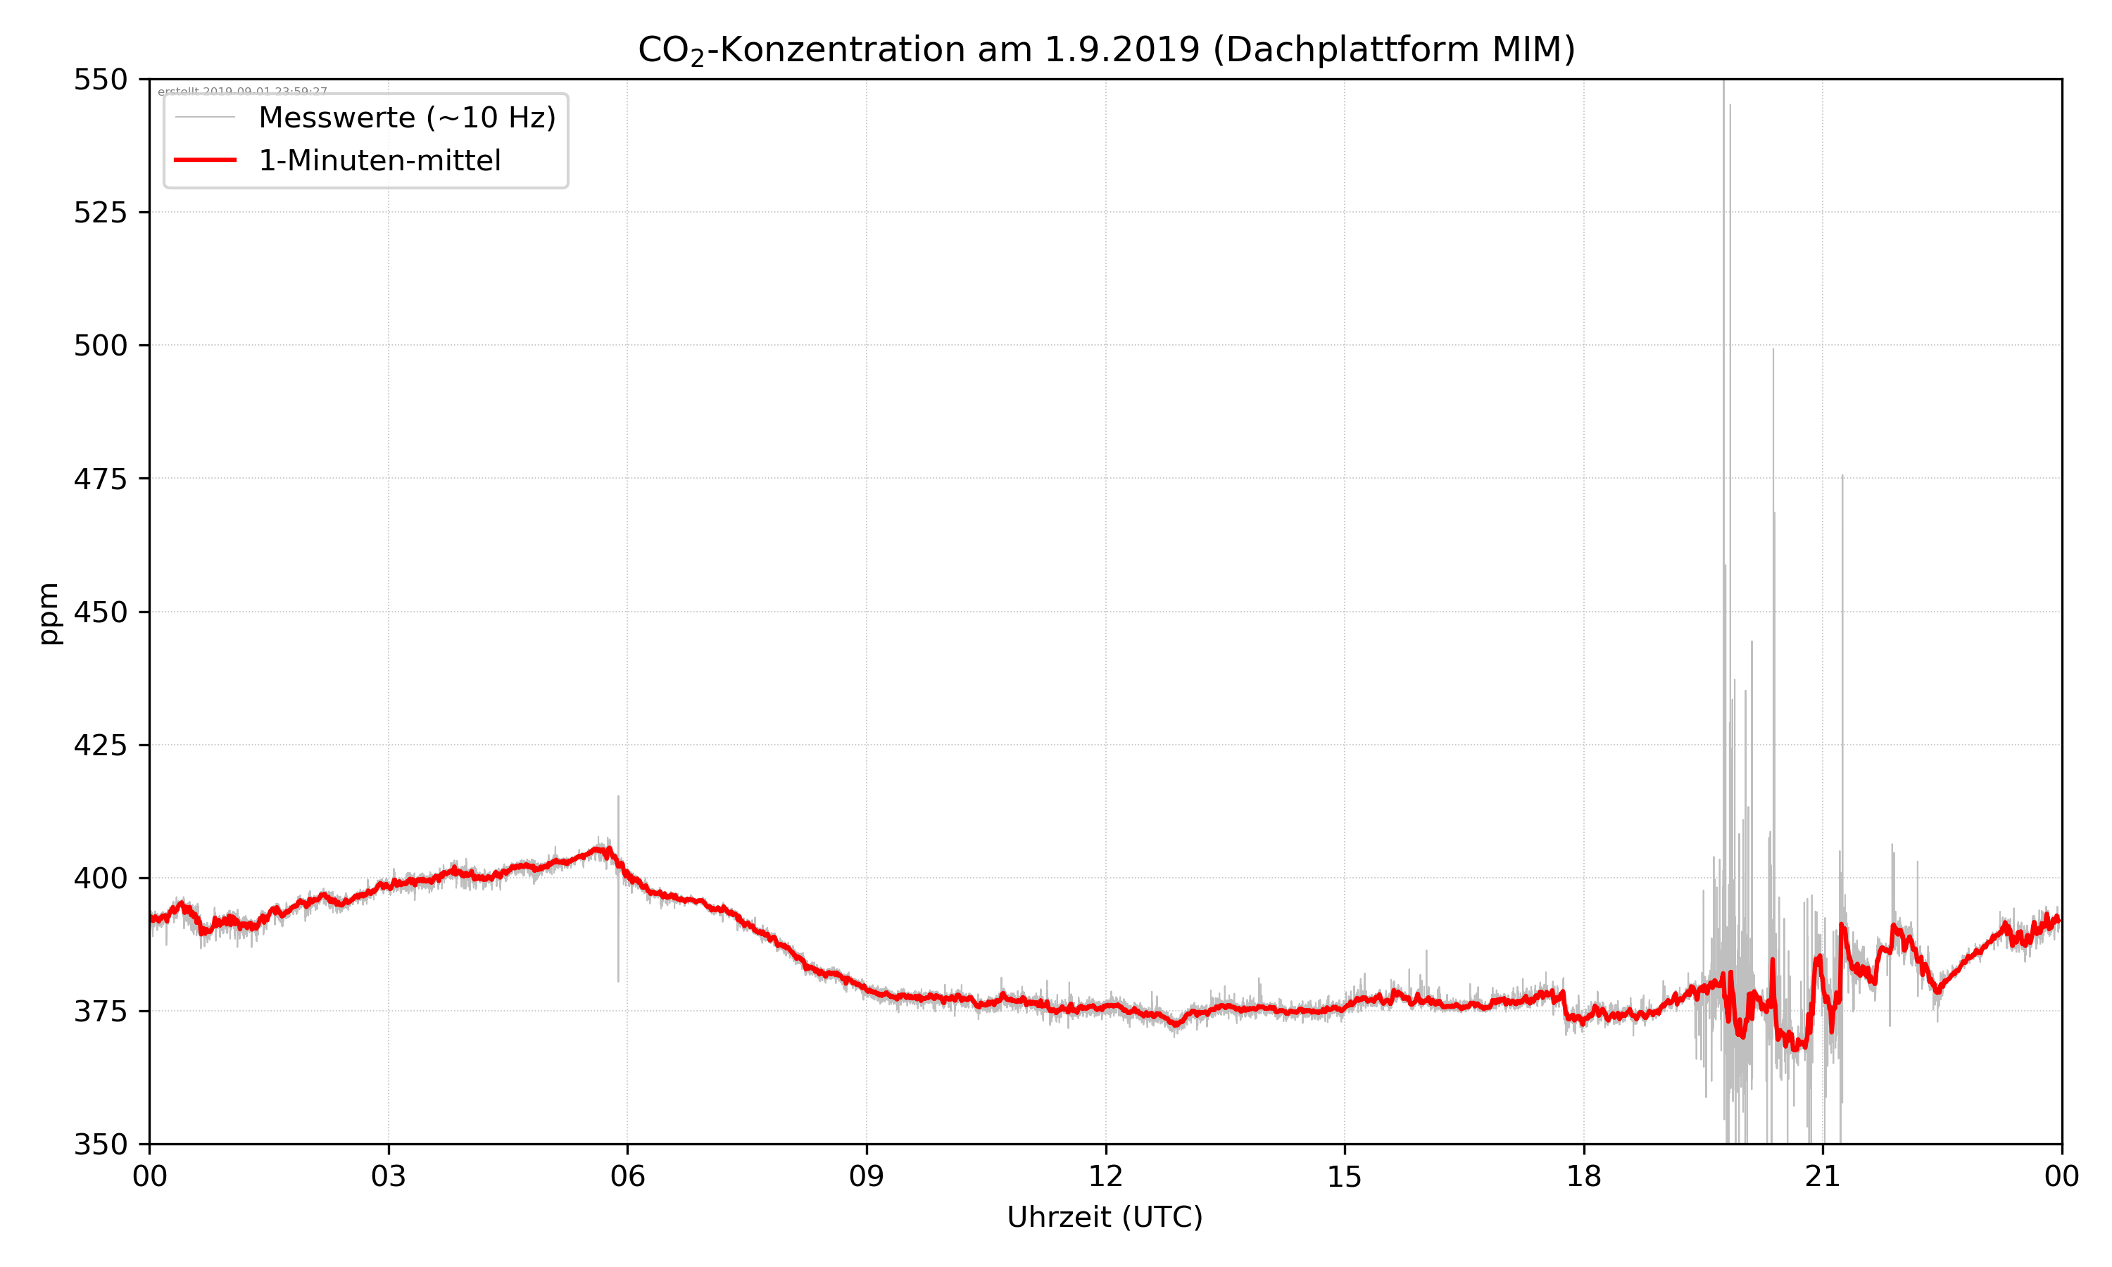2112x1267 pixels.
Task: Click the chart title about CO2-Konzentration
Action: [x=1105, y=49]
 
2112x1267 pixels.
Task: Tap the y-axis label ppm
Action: [x=49, y=612]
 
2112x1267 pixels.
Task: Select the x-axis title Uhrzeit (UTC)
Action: [x=1105, y=1216]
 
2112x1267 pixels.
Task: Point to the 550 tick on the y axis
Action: [x=100, y=80]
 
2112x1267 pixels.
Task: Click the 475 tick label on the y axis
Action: [x=100, y=479]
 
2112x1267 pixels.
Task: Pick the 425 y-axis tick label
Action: [x=100, y=745]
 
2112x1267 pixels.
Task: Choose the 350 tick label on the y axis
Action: [x=100, y=1144]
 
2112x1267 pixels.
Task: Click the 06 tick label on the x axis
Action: [x=627, y=1176]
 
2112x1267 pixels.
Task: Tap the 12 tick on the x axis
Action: [x=1105, y=1176]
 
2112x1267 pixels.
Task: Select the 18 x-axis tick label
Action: [x=1583, y=1176]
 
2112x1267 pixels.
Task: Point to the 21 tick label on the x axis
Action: [x=1823, y=1176]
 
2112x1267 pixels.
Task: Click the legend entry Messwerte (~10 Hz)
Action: [x=406, y=118]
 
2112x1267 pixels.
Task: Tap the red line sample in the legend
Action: [x=205, y=160]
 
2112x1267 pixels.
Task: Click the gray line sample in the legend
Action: [x=205, y=118]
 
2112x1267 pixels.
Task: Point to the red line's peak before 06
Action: [x=603, y=849]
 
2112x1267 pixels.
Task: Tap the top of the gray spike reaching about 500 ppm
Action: [x=1772, y=350]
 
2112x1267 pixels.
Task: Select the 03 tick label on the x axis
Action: [x=389, y=1176]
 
